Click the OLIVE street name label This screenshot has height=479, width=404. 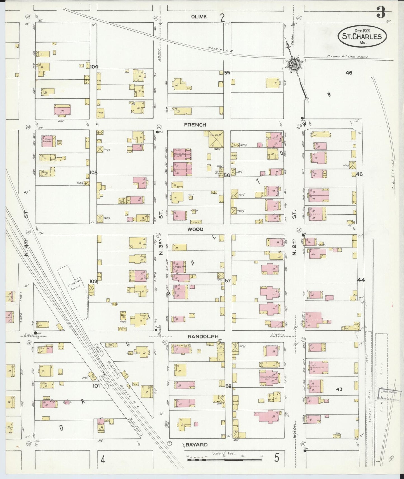click(199, 17)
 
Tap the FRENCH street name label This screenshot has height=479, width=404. click(195, 125)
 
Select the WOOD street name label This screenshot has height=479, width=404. click(195, 229)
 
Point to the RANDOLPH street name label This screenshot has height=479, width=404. click(203, 336)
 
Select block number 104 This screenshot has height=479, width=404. click(94, 67)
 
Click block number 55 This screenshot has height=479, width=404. click(227, 73)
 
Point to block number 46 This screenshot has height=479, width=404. click(349, 73)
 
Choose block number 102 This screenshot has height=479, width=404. click(93, 281)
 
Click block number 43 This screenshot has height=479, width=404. click(339, 389)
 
